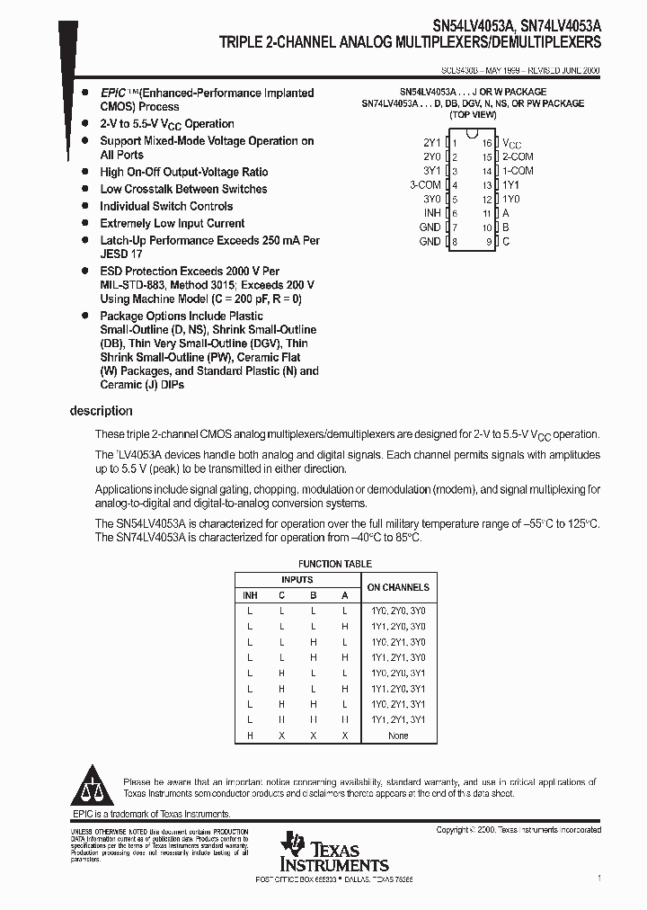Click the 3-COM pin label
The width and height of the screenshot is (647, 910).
(425, 184)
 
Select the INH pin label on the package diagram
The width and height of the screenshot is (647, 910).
(431, 213)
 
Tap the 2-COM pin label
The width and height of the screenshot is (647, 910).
(518, 156)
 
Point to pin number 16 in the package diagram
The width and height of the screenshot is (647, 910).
(486, 143)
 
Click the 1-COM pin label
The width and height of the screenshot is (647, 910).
(518, 171)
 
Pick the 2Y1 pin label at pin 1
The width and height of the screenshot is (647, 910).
(431, 143)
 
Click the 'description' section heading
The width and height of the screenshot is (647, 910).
(101, 411)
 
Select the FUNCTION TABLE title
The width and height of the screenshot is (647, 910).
(333, 564)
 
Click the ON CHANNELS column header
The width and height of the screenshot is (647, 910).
(398, 587)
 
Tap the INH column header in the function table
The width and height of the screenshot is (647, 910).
(249, 595)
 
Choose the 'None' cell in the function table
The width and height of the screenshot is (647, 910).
(398, 736)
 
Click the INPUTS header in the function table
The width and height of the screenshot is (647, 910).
(297, 580)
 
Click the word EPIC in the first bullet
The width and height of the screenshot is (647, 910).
(112, 93)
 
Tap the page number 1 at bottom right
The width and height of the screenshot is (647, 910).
(598, 877)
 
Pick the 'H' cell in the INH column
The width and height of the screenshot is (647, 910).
(249, 736)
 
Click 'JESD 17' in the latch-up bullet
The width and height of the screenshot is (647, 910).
(121, 254)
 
